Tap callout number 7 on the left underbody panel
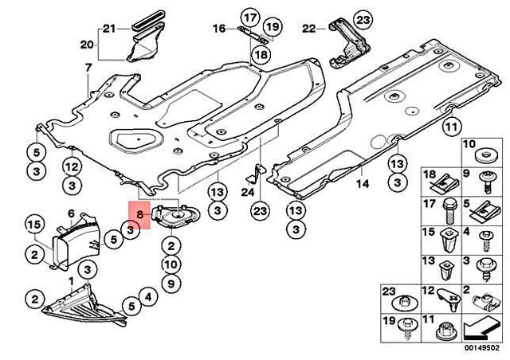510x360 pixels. coord(88,70)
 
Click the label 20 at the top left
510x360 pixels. coord(87,43)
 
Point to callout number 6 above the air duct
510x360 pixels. coord(70,213)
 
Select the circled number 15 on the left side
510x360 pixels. coord(34,225)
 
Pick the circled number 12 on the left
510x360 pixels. coord(72,166)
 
